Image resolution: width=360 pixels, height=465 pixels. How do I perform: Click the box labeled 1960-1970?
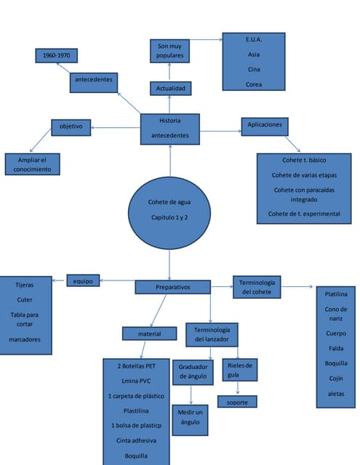57,55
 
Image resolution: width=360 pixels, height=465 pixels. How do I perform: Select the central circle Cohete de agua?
169,210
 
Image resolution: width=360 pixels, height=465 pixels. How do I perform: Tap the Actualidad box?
170,89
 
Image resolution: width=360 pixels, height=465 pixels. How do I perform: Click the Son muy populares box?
170,51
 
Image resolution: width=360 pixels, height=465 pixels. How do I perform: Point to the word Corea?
253,84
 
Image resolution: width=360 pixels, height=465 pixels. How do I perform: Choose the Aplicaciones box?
265,126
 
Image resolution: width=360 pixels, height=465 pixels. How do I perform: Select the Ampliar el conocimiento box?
32,164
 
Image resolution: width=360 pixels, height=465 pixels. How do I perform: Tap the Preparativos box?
172,288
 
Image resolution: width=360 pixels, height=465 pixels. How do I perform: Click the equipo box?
83,280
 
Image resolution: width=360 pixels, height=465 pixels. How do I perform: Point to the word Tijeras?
25,285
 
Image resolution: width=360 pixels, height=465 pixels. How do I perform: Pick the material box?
149,333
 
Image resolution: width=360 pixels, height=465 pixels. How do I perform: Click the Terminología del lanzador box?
212,334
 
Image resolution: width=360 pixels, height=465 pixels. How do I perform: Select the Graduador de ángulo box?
193,372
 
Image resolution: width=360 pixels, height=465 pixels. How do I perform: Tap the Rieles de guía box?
239,370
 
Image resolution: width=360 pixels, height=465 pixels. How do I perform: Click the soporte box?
237,402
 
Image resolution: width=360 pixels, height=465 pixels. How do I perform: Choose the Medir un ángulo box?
190,417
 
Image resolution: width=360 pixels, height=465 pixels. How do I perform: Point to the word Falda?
336,348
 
